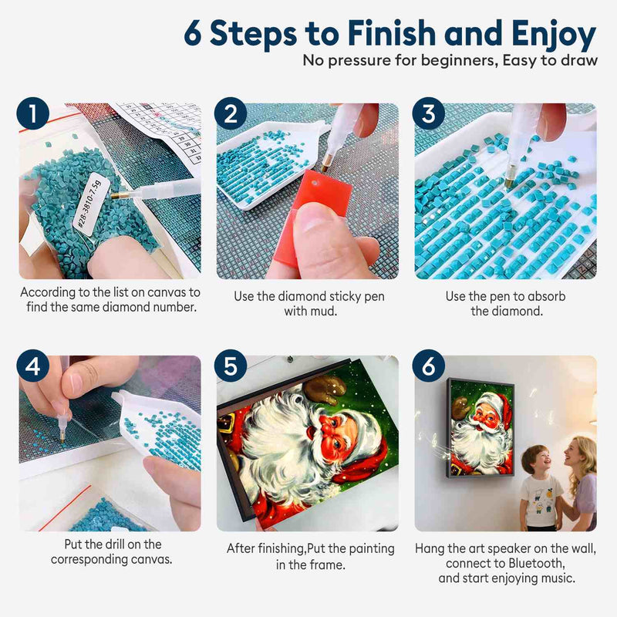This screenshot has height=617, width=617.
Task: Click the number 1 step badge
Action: click(x=33, y=113)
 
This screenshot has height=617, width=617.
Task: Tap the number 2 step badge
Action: click(x=231, y=113)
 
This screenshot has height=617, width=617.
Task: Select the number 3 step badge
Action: click(x=429, y=113)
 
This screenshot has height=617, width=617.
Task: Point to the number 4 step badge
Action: click(x=33, y=366)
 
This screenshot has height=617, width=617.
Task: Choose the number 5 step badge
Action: click(x=231, y=366)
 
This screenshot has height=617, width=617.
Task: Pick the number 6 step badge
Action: click(x=429, y=366)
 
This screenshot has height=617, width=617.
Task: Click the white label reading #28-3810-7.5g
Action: click(x=87, y=204)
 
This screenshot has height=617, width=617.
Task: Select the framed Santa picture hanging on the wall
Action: click(x=480, y=428)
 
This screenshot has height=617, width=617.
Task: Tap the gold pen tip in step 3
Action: click(x=510, y=181)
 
